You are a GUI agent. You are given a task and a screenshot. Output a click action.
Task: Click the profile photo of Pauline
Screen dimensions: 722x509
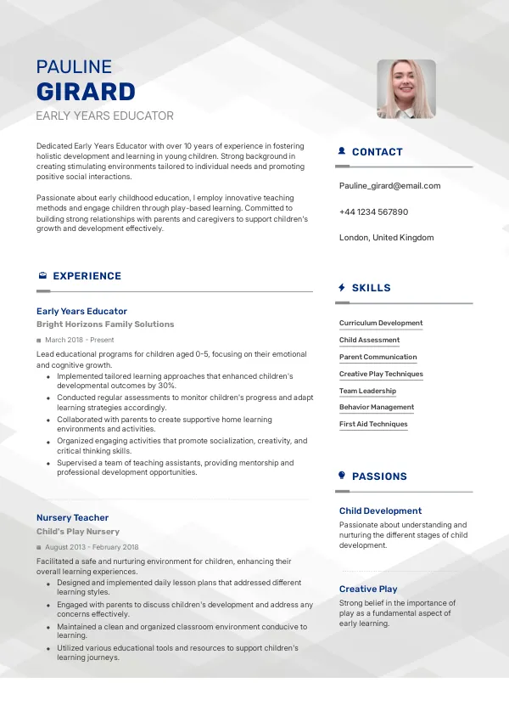tap(406, 88)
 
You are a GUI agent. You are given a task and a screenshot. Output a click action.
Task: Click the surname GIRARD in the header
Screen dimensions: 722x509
tap(86, 92)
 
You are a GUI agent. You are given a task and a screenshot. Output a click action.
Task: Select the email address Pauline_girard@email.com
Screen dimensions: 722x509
tap(389, 186)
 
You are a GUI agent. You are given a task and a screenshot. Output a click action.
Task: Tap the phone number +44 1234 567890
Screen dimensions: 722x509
tap(373, 212)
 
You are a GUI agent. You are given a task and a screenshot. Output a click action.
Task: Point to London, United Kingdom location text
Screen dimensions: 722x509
tap(386, 238)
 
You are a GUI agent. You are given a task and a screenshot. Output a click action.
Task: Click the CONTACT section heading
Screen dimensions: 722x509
tap(377, 152)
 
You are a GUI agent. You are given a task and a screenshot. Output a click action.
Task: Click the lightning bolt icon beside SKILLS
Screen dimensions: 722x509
tap(341, 288)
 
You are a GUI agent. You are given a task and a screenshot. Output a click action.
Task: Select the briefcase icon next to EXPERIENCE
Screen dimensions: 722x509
tap(42, 276)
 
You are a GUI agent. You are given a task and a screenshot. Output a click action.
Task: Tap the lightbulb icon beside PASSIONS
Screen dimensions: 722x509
tap(341, 477)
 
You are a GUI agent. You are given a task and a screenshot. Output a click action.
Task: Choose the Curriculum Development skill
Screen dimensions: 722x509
tap(380, 324)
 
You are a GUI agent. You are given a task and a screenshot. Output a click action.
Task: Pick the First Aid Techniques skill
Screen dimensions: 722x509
tap(373, 425)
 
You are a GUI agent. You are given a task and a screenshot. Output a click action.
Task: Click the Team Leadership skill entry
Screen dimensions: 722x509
tap(367, 391)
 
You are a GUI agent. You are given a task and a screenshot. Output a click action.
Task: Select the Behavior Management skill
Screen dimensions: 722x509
tap(377, 408)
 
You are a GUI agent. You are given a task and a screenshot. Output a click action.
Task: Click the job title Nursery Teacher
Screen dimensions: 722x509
tap(72, 517)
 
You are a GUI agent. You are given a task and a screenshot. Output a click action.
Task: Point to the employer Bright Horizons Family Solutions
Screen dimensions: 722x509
tap(105, 324)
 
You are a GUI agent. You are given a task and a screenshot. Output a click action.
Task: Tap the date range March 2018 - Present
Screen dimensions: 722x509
tap(80, 340)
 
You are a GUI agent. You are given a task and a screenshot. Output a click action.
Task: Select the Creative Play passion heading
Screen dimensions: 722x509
tap(368, 589)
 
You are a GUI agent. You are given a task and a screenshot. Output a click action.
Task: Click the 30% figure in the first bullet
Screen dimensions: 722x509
tap(167, 385)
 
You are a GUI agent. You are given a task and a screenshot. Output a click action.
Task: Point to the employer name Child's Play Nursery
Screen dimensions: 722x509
tap(78, 532)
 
